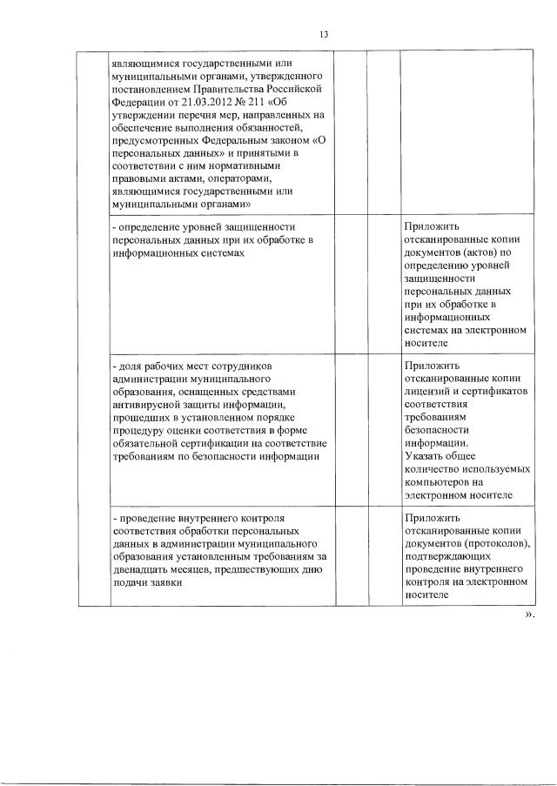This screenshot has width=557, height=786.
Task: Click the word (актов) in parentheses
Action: click(471, 252)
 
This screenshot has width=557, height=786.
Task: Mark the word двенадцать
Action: click(145, 570)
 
